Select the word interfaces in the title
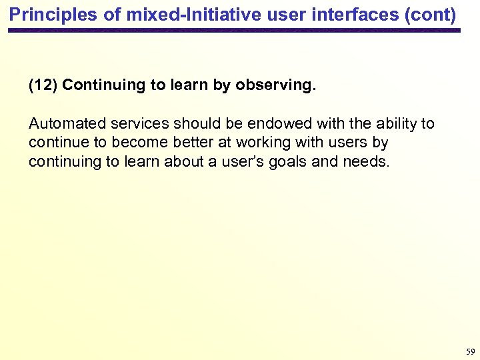344,14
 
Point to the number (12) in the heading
43,85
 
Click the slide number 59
470,351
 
